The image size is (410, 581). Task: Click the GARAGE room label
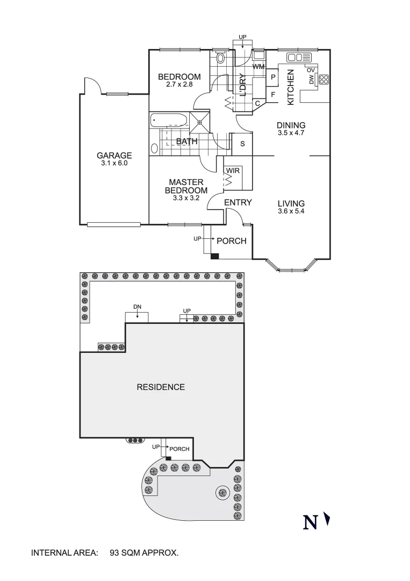point(114,155)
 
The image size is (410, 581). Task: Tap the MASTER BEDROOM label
point(186,186)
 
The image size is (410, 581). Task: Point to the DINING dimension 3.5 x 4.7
point(291,133)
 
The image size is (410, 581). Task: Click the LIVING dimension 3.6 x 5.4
point(291,211)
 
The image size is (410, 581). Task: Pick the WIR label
point(233,171)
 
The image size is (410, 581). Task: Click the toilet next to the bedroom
point(220,58)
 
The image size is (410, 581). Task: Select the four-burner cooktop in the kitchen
point(323,79)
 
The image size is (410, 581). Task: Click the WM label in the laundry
point(258,67)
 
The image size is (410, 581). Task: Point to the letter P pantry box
point(273,77)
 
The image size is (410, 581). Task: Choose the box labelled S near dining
point(242,144)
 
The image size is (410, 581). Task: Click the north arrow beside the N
point(327,521)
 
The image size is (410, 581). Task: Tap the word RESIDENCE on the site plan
point(160,387)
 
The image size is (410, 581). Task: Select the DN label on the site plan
point(137,307)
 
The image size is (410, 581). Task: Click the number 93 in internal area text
point(114,552)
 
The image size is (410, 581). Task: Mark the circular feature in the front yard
point(221,491)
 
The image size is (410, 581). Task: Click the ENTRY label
point(238,203)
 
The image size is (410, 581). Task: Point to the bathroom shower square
point(199,121)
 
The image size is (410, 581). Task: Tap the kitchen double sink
point(296,57)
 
